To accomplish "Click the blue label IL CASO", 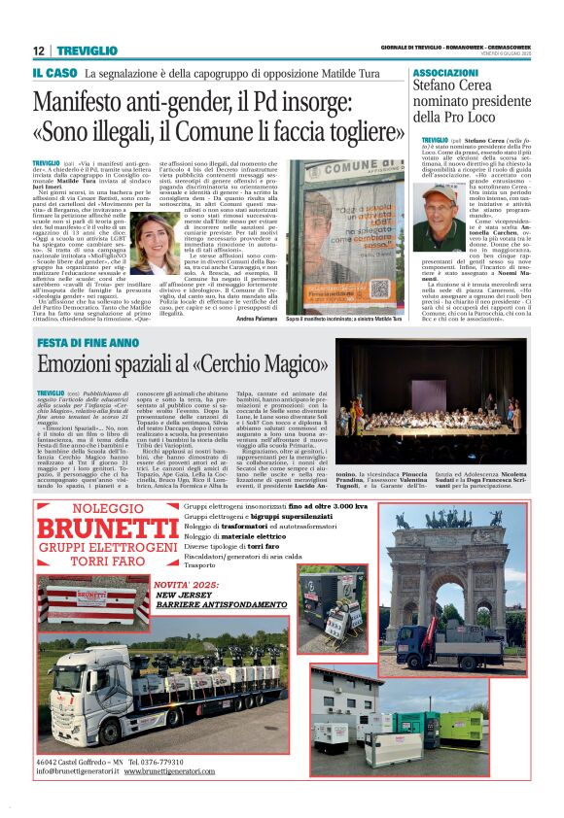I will point(54,73).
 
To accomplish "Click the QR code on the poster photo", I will point(380,289).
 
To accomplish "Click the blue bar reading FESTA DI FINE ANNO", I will point(87,343).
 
